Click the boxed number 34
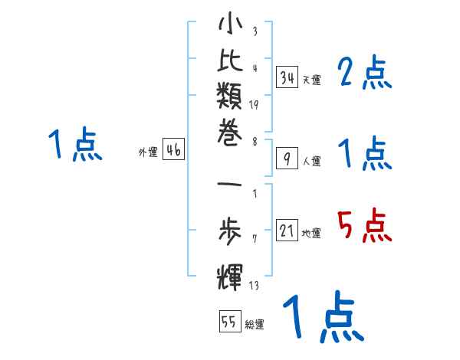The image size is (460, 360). pos(287,77)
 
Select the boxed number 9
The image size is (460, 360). pos(287,159)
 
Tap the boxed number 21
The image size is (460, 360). pos(287,231)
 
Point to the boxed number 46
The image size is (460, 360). pos(173,150)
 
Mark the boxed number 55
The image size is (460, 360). pos(229,322)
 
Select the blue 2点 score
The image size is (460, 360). pos(365,74)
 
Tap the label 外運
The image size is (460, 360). pos(147,152)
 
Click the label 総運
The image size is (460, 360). pos(255,325)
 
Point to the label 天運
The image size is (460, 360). pos(312,80)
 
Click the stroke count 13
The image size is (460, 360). pos(255,286)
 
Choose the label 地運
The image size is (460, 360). pos(312,234)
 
